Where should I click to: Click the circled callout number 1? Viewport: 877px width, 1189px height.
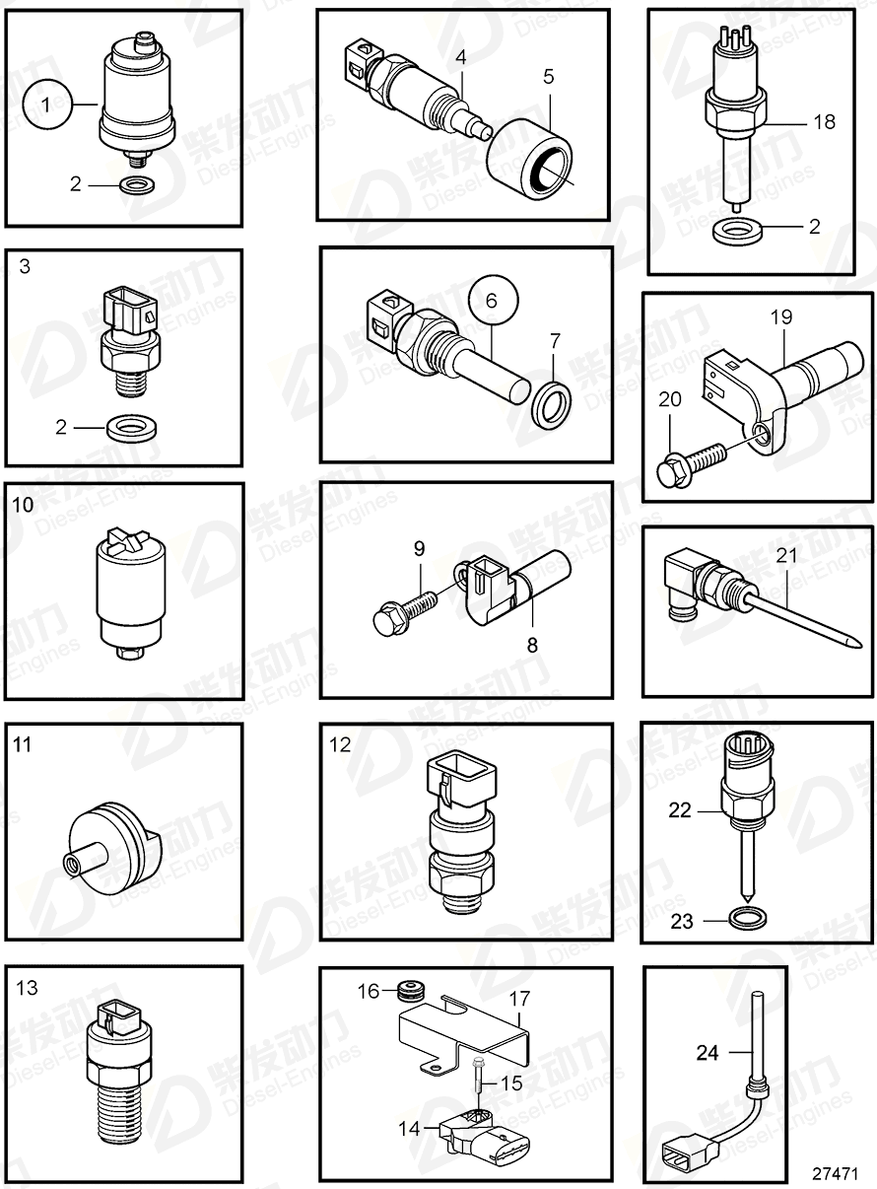coord(48,109)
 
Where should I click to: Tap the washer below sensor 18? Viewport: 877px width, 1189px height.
coord(737,232)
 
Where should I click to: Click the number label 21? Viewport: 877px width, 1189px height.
coord(784,556)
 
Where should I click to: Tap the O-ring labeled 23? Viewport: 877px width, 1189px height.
coord(750,920)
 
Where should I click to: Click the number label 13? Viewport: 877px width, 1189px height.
coord(28,988)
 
